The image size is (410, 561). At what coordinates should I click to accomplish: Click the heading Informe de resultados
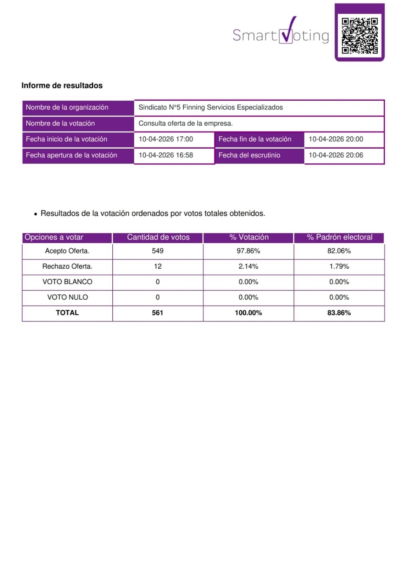point(62,86)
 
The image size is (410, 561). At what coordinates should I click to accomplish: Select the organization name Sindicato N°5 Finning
point(210,108)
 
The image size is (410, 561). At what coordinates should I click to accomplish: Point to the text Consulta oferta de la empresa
point(185,123)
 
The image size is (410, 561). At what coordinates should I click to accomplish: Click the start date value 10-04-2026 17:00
point(166,139)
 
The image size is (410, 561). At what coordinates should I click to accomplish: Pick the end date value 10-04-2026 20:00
point(336,139)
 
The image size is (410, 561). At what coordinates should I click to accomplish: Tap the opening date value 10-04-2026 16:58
point(166,155)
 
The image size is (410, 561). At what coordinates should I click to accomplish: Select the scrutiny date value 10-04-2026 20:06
point(336,155)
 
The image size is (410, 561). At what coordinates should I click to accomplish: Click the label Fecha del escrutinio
point(249,155)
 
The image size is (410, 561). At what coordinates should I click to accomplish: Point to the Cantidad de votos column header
point(158,237)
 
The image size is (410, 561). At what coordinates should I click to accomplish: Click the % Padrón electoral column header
point(339,237)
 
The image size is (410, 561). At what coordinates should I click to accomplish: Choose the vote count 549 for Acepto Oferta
point(158,251)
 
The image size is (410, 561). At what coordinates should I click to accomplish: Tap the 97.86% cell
point(248,251)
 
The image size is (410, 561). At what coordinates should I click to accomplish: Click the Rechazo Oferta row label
point(67,266)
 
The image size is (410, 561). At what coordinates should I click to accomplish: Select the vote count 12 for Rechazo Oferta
point(158,266)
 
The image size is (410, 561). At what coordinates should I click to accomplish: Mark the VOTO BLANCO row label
point(67,282)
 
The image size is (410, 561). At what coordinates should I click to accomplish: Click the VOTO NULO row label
point(67,297)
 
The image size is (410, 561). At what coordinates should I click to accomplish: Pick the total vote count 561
point(158,313)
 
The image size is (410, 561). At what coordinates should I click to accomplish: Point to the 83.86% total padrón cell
point(339,313)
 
